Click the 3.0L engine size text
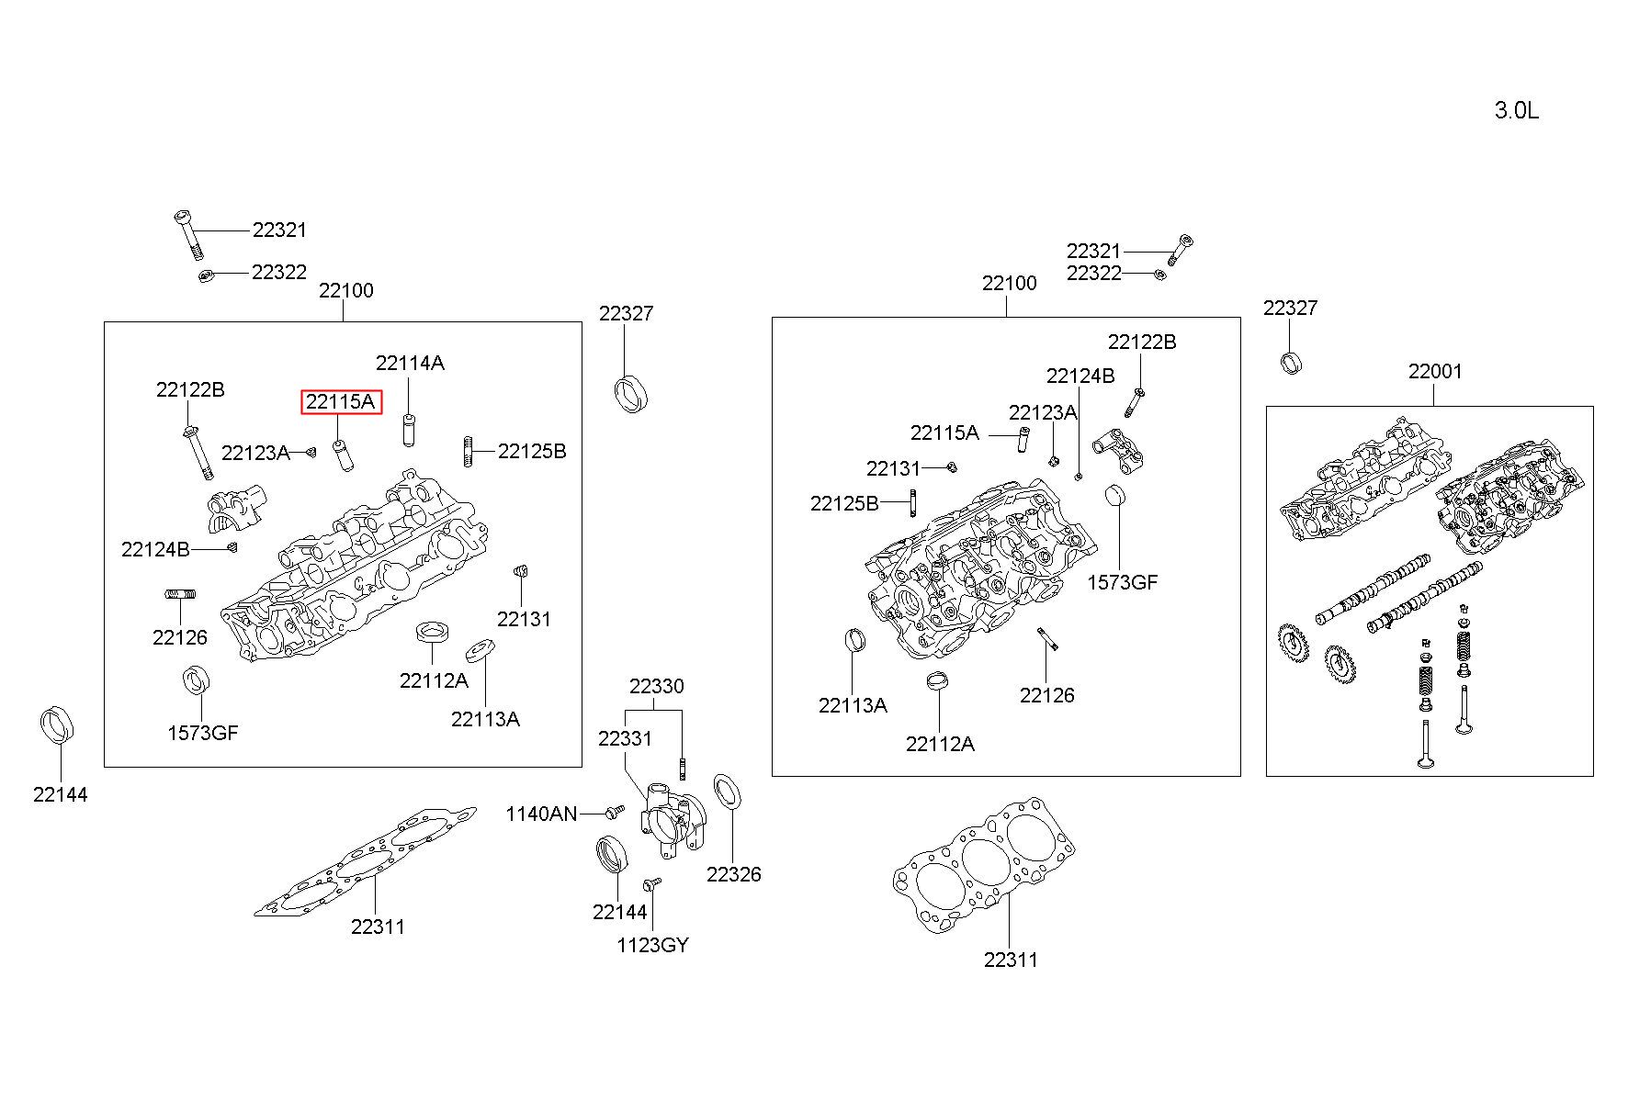pyautogui.click(x=1516, y=111)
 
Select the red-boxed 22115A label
pyautogui.click(x=341, y=402)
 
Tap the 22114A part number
pyautogui.click(x=410, y=364)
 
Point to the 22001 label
pyautogui.click(x=1435, y=372)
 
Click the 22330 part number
pyautogui.click(x=656, y=687)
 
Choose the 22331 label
pyautogui.click(x=625, y=739)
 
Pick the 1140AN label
pyautogui.click(x=541, y=814)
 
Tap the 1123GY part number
pyautogui.click(x=652, y=946)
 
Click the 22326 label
pyautogui.click(x=733, y=875)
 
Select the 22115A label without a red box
pyautogui.click(x=944, y=433)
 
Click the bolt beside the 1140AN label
pyautogui.click(x=615, y=812)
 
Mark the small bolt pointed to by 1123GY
pyautogui.click(x=651, y=883)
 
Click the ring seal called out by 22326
pyautogui.click(x=729, y=792)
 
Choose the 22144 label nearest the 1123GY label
pyautogui.click(x=619, y=913)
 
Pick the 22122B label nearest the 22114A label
pyautogui.click(x=190, y=390)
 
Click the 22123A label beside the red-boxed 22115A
pyautogui.click(x=255, y=453)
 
